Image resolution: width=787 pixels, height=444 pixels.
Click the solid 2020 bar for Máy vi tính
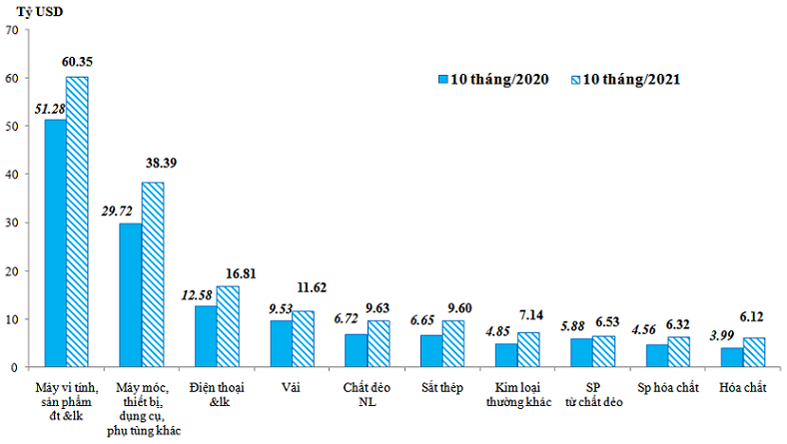coord(55,243)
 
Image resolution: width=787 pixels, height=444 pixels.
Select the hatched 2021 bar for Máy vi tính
coord(77,222)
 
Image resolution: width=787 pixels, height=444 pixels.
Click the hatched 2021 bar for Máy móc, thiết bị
coord(153,274)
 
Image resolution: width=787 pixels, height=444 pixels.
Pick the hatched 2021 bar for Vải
coord(303,339)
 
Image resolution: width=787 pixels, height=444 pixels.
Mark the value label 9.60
coord(460,307)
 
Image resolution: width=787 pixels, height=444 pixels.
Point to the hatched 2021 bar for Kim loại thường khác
coord(527,349)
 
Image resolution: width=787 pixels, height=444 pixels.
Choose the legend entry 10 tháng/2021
coord(625,79)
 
